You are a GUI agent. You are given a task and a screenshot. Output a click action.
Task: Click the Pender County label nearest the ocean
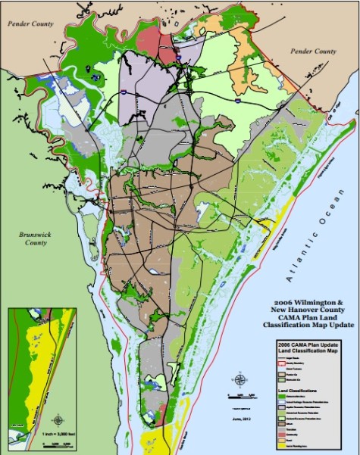[x=314, y=51]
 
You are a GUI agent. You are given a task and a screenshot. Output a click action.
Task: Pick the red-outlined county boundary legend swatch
[x=282, y=363]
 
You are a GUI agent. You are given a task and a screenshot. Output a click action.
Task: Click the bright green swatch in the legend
[x=282, y=396]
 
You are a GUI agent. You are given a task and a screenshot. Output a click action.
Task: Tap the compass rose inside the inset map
[x=58, y=419]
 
